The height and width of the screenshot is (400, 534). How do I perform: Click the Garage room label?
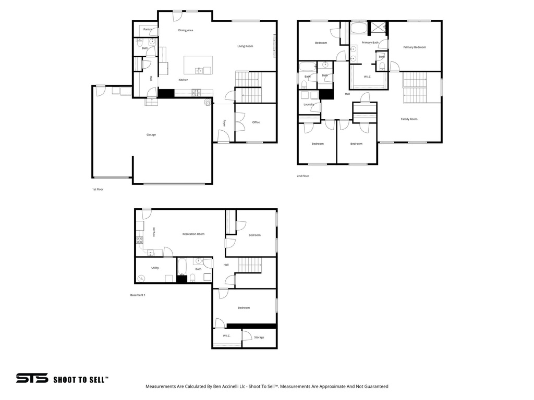pyautogui.click(x=151, y=135)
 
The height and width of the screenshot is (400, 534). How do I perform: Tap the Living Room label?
pyautogui.click(x=245, y=46)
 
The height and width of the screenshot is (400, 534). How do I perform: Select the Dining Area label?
pyautogui.click(x=186, y=30)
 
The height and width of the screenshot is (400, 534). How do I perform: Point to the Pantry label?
pyautogui.click(x=148, y=30)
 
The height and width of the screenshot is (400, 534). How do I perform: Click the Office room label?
pyautogui.click(x=256, y=122)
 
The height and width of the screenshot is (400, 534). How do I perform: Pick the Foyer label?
pyautogui.click(x=225, y=123)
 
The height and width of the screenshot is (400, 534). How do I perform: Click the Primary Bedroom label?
pyautogui.click(x=415, y=47)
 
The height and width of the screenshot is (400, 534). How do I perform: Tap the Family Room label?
pyautogui.click(x=409, y=119)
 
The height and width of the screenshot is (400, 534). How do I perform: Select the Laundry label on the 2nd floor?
pyautogui.click(x=309, y=104)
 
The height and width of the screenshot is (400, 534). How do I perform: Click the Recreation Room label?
pyautogui.click(x=193, y=234)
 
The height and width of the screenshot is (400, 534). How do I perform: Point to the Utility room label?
pyautogui.click(x=155, y=268)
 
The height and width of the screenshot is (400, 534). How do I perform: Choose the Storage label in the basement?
pyautogui.click(x=259, y=337)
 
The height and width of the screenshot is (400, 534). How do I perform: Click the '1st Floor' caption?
pyautogui.click(x=98, y=189)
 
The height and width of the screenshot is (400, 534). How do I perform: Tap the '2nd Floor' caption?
pyautogui.click(x=303, y=176)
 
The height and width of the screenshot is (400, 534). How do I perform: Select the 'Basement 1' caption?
pyautogui.click(x=138, y=295)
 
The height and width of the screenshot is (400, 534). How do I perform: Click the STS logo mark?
pyautogui.click(x=32, y=379)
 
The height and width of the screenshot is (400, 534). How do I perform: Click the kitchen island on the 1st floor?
pyautogui.click(x=198, y=66)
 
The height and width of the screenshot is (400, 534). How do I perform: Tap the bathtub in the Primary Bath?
pyautogui.click(x=358, y=28)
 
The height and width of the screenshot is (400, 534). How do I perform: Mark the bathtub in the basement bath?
pyautogui.click(x=181, y=267)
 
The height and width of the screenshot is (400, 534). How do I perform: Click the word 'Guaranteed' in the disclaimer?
pyautogui.click(x=375, y=386)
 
